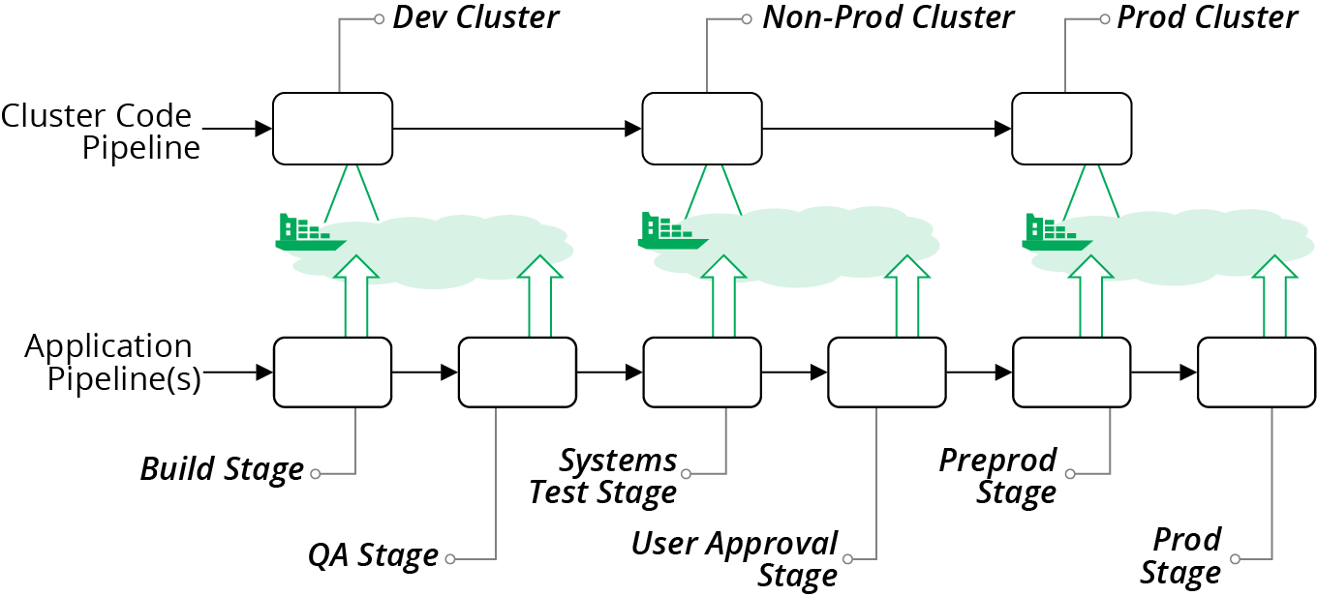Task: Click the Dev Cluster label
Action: (475, 18)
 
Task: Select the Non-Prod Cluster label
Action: (888, 18)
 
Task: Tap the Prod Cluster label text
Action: (1207, 18)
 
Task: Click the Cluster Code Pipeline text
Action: (98, 131)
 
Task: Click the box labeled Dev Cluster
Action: (332, 129)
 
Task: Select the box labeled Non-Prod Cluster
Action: (702, 129)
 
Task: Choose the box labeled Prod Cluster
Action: (1071, 129)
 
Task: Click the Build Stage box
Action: (332, 372)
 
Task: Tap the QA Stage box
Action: (517, 372)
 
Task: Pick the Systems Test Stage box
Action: (702, 372)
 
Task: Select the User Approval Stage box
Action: (887, 372)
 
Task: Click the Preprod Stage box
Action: (1071, 372)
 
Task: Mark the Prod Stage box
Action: (1256, 372)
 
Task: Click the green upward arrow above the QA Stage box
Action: (540, 296)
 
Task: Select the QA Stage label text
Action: (373, 555)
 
